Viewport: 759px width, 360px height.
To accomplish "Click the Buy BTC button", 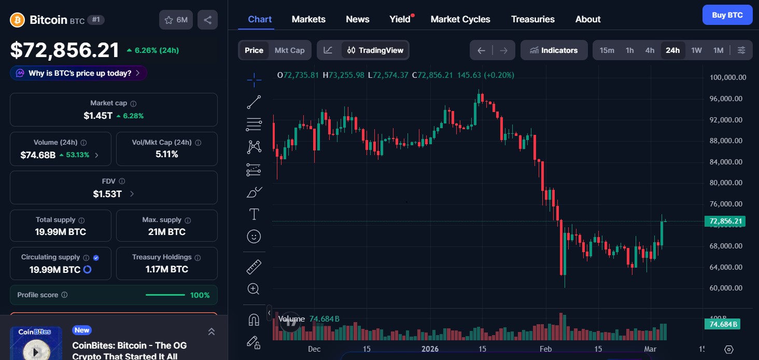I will [727, 15].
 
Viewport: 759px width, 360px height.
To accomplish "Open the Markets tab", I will [308, 19].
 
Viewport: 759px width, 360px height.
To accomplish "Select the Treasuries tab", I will [532, 19].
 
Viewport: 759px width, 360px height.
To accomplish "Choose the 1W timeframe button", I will [696, 50].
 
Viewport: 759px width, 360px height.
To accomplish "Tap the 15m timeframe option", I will [607, 50].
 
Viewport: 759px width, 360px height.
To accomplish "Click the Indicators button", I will [554, 50].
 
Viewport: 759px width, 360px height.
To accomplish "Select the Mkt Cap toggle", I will [289, 50].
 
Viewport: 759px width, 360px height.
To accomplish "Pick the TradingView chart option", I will [375, 50].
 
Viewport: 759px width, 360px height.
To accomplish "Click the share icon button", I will [207, 20].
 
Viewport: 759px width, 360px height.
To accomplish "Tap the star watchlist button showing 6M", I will [176, 20].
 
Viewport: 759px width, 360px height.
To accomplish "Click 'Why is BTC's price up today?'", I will [78, 73].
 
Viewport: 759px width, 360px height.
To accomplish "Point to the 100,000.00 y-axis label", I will [727, 77].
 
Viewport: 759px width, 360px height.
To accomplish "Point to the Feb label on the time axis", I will [546, 349].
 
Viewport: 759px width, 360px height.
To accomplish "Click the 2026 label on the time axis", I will [430, 349].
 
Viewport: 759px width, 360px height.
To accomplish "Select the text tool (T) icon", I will [254, 214].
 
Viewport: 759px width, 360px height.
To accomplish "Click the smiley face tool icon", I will [254, 237].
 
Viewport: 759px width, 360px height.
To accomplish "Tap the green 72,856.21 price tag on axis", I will [724, 221].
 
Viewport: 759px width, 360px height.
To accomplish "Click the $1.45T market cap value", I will [98, 116].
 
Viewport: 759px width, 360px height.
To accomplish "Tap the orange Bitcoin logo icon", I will [18, 20].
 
